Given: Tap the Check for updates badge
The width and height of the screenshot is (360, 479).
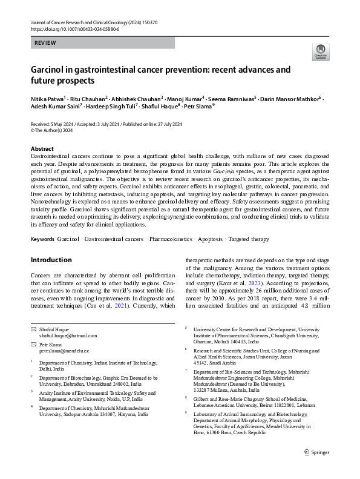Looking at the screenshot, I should coord(319,53).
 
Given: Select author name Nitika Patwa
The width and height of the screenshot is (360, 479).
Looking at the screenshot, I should coord(47,98).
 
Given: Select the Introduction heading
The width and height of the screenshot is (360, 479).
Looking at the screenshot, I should coord(51,260).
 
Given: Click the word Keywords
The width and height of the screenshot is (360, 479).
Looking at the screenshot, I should coord(43,239).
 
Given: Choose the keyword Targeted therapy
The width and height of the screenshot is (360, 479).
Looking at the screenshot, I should coord(247,239).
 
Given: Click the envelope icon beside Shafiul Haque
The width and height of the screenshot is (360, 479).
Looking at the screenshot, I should coord(34,328).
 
